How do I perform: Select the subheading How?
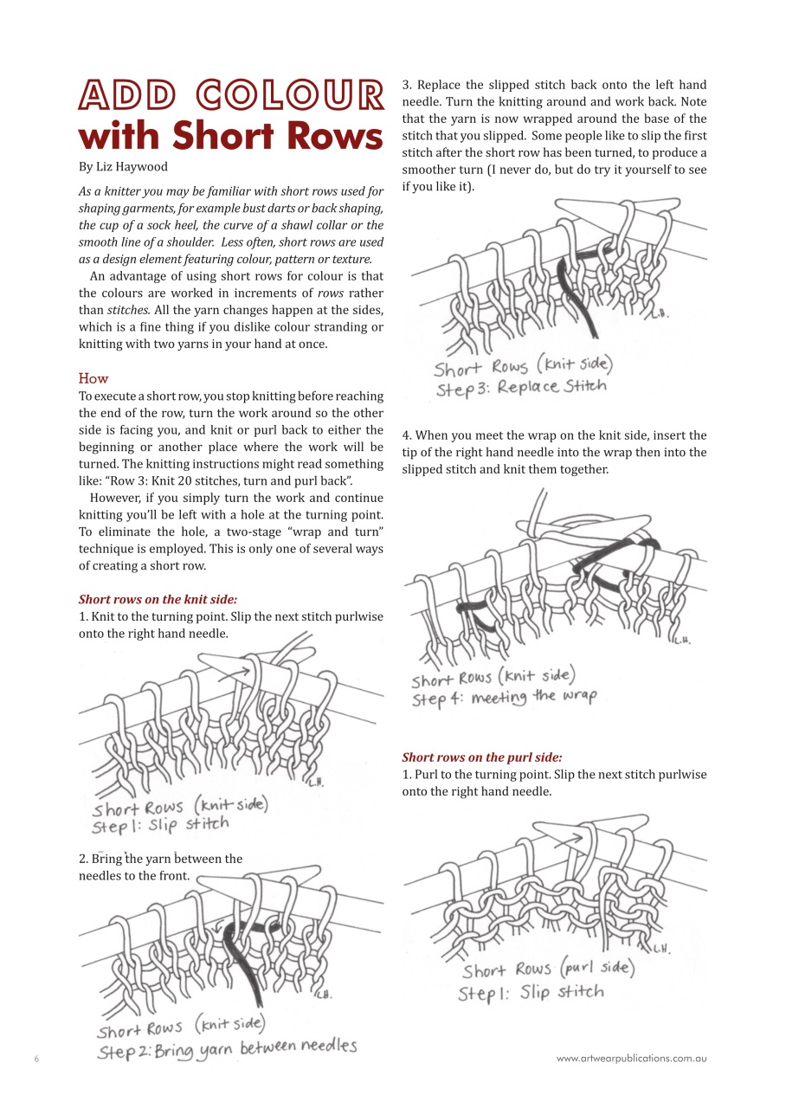tap(93, 378)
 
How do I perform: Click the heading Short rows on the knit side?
tap(158, 599)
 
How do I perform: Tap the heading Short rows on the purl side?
tap(481, 757)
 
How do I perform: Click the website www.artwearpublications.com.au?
tap(631, 1058)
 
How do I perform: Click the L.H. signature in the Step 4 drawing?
tap(682, 641)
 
